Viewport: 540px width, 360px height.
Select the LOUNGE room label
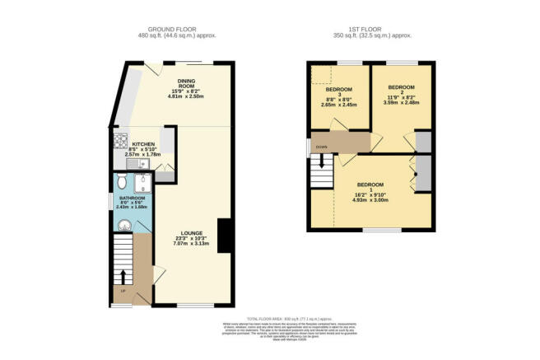(x=192, y=233)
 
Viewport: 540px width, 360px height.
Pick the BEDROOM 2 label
(x=402, y=87)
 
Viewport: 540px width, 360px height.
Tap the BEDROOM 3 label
(x=339, y=92)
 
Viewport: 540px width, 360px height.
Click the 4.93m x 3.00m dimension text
(x=370, y=199)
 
